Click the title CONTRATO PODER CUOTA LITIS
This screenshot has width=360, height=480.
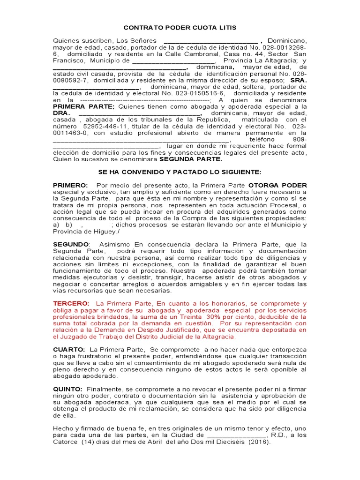[x=180, y=28]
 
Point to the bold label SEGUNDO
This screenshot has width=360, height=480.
[x=71, y=244]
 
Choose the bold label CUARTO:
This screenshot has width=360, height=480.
[x=69, y=349]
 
